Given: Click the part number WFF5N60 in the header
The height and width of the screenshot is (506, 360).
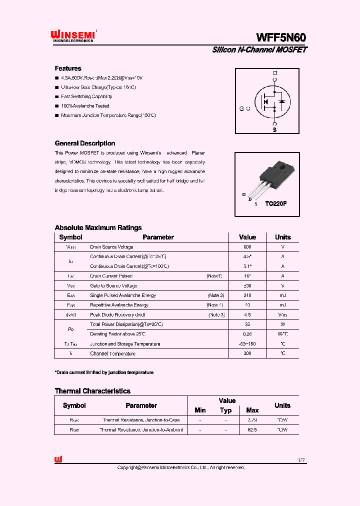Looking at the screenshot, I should (x=281, y=37).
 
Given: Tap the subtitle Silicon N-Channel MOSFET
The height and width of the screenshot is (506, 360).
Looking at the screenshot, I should (x=259, y=50).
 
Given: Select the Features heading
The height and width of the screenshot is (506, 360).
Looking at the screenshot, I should (x=68, y=68).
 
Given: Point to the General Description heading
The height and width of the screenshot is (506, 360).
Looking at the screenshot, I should (x=84, y=143).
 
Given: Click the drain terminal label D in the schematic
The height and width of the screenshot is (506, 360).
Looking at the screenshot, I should (x=274, y=73).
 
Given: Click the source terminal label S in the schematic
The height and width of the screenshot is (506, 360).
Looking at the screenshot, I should (x=274, y=130).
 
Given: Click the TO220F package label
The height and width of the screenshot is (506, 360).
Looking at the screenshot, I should (x=275, y=204).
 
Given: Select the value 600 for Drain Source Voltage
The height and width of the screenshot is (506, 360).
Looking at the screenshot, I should (x=247, y=247).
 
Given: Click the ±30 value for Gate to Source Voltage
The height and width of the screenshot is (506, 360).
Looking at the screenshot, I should (x=247, y=285).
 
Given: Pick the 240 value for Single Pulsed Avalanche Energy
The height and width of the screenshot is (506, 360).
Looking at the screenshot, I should (x=247, y=295).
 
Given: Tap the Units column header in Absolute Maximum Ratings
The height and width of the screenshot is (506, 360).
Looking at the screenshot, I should (x=282, y=237).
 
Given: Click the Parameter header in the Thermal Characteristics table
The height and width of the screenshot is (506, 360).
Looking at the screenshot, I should (x=141, y=406).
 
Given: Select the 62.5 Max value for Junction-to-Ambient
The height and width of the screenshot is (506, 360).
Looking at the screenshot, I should (x=252, y=430).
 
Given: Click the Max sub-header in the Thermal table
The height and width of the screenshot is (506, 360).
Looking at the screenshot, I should (x=252, y=410).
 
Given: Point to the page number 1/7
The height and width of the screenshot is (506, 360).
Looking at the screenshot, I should (x=300, y=459).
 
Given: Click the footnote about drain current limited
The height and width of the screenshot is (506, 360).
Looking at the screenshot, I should (x=104, y=372).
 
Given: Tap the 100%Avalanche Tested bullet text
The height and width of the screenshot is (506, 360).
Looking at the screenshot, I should (x=85, y=106).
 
